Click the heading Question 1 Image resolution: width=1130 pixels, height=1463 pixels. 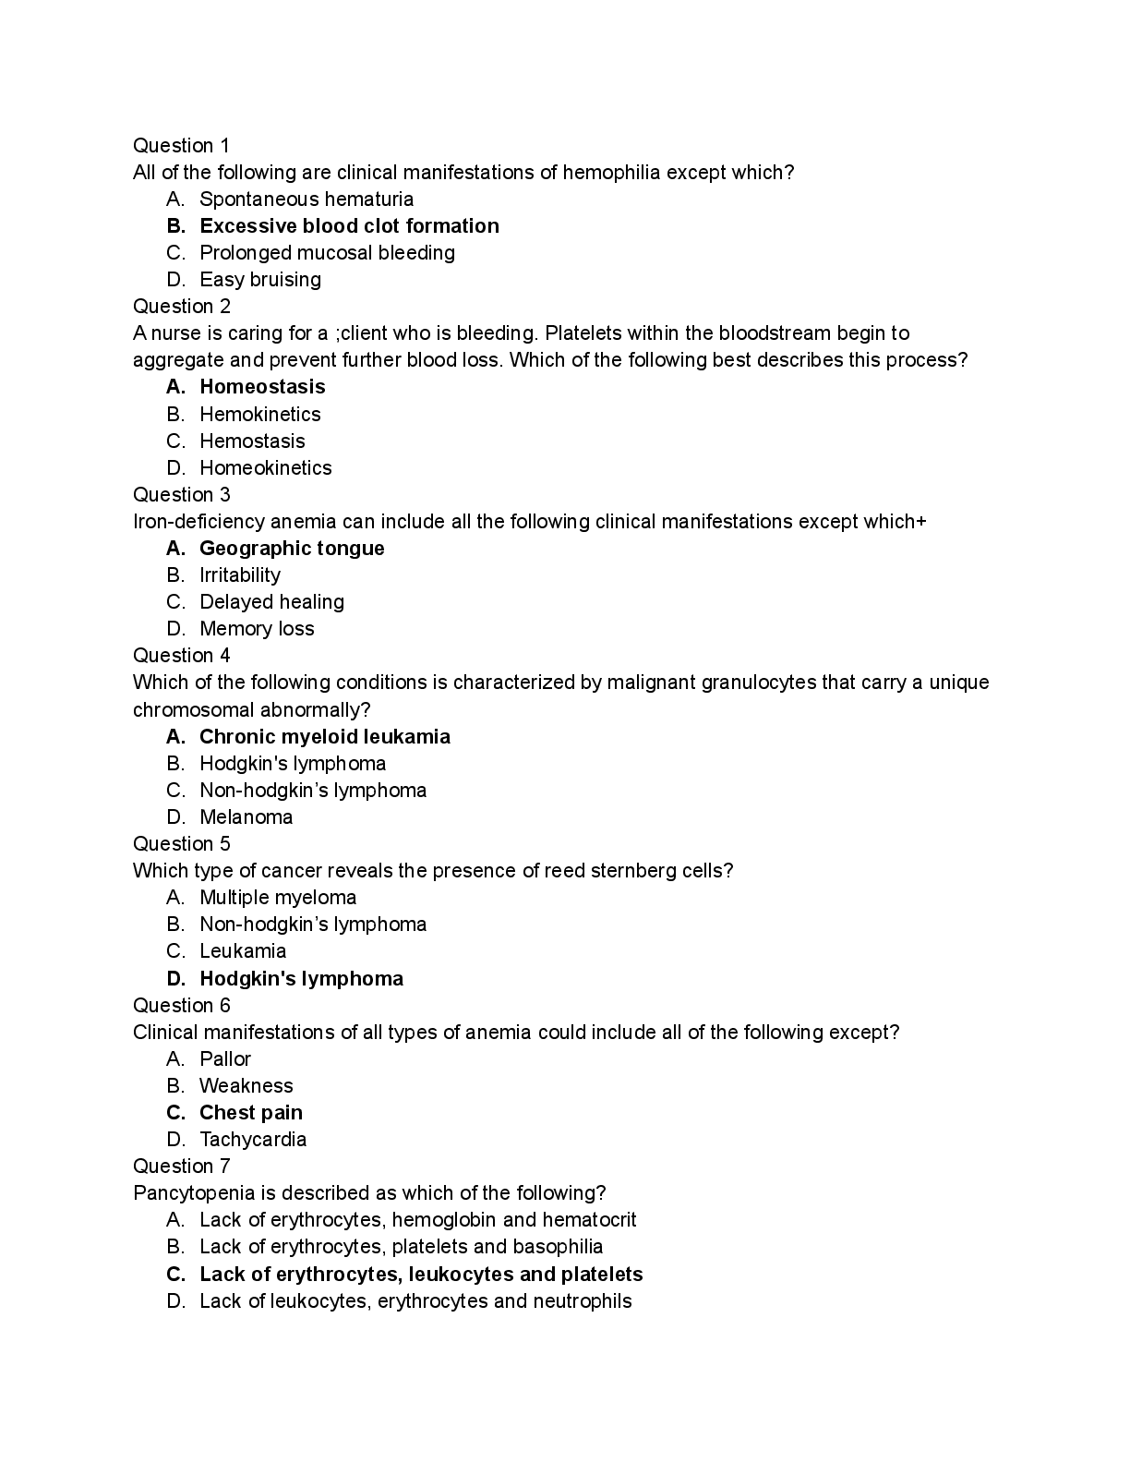click(x=181, y=146)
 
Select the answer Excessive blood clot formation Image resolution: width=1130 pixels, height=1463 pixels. click(x=349, y=226)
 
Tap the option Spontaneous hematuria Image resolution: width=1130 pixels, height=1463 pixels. click(x=307, y=199)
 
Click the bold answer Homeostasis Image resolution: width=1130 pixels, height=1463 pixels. click(x=262, y=387)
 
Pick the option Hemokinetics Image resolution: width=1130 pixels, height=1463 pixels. click(x=260, y=415)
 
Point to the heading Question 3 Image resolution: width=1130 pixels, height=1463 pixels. click(x=181, y=495)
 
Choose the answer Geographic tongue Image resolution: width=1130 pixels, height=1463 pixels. click(x=292, y=549)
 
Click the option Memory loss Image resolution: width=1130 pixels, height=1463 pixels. click(x=257, y=629)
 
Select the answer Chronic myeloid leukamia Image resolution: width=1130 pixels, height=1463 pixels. click(x=325, y=737)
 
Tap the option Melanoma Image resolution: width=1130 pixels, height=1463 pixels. click(x=246, y=817)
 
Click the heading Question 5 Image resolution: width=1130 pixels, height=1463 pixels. click(x=181, y=844)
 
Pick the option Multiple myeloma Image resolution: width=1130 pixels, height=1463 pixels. click(x=278, y=898)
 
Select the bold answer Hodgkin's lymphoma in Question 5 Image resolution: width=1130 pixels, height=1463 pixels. click(x=301, y=979)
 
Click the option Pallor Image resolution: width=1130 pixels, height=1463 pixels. click(x=225, y=1059)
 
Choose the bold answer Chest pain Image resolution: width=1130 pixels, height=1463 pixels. click(x=251, y=1113)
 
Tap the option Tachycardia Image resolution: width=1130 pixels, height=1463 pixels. click(x=253, y=1140)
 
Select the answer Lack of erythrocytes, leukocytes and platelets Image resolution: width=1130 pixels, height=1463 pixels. click(x=421, y=1275)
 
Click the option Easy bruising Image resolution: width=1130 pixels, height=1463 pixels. click(x=260, y=280)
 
